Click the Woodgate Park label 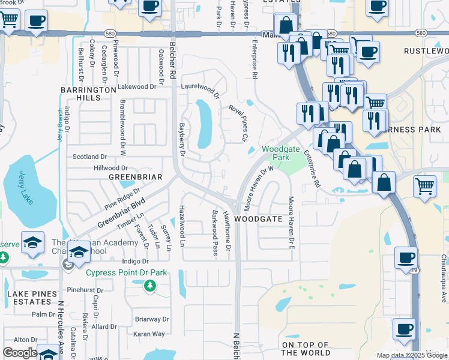pos(276,153)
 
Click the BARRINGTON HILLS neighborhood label pos(88,93)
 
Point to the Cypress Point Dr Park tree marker pos(149,286)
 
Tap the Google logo pos(20,353)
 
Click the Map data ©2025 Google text pos(411,355)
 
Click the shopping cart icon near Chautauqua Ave pos(425,185)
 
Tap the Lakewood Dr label pos(137,86)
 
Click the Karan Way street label pos(149,334)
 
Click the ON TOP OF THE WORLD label pos(305,349)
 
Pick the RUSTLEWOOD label pos(426,52)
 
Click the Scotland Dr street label pos(89,157)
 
